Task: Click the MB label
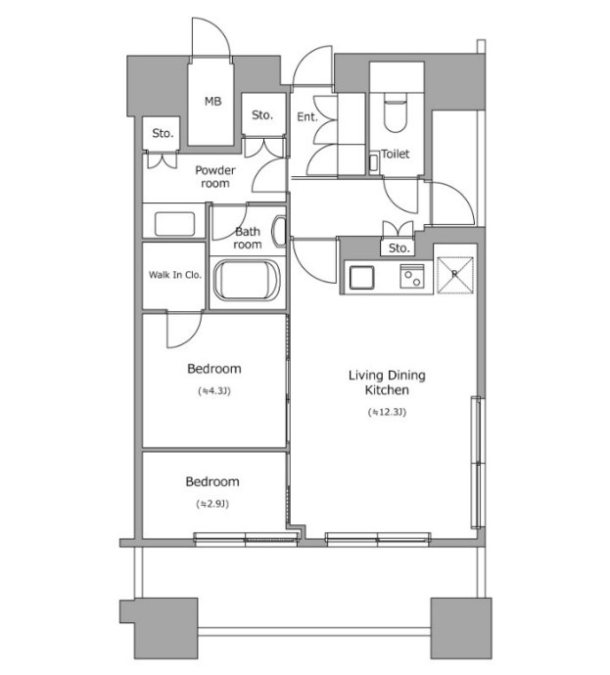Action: [x=212, y=102]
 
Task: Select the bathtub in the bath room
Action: [x=248, y=280]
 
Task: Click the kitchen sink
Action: [x=361, y=277]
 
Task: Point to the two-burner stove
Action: [x=412, y=277]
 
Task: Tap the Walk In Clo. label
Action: [x=175, y=275]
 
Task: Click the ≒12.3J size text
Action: [x=387, y=412]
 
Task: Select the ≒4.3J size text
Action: [x=214, y=391]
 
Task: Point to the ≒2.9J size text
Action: [x=212, y=504]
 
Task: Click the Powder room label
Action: [x=215, y=176]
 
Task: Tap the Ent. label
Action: [x=307, y=116]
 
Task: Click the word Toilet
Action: [x=396, y=154]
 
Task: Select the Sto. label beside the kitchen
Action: [x=399, y=247]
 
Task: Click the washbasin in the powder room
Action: [x=174, y=224]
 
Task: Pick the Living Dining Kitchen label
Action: [x=387, y=382]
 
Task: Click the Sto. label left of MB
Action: [x=163, y=133]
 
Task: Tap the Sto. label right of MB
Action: [x=262, y=114]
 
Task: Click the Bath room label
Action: [x=248, y=238]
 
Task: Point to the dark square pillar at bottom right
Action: [x=461, y=628]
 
